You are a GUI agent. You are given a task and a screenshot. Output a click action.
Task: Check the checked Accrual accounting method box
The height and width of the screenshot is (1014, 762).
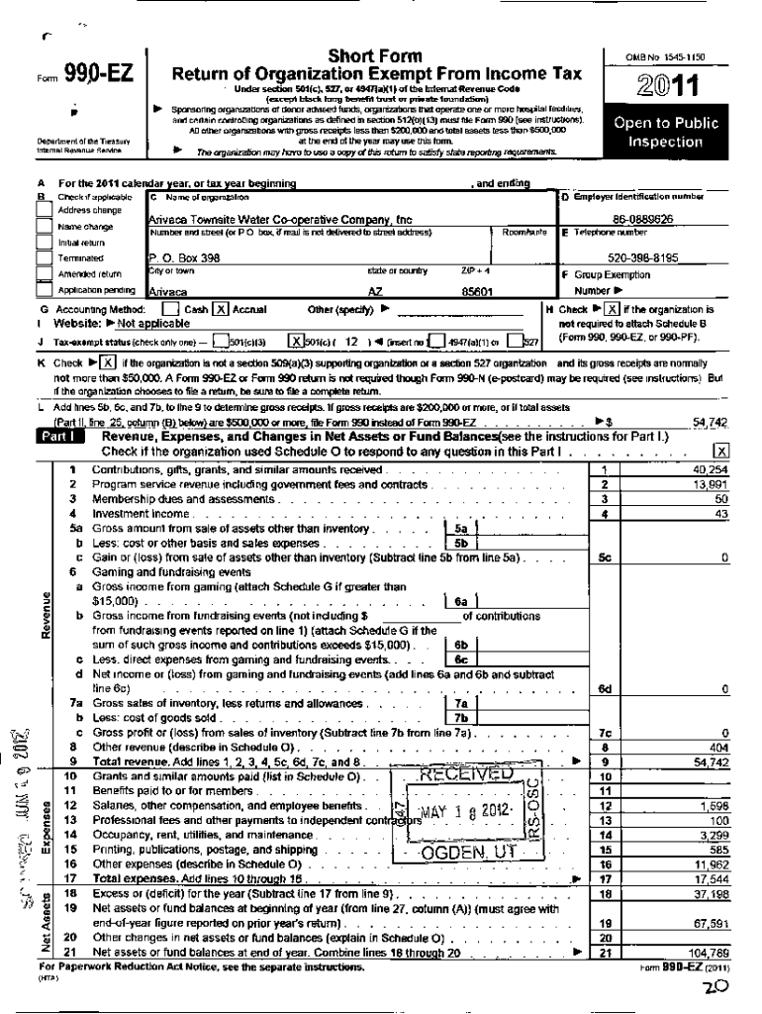tap(221, 309)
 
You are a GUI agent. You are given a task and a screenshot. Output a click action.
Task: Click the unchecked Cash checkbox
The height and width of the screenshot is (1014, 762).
tap(170, 309)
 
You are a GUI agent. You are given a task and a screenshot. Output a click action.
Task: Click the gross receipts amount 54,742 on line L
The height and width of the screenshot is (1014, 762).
tap(710, 422)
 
